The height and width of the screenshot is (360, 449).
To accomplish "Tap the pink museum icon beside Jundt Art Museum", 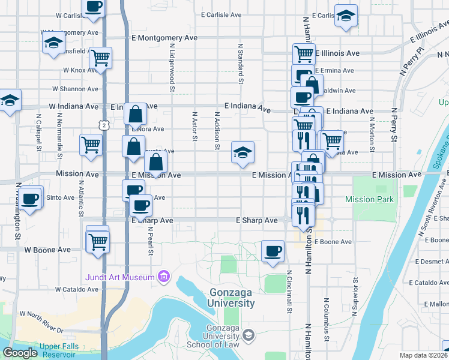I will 162,277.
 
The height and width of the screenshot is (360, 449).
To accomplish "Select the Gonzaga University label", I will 232,298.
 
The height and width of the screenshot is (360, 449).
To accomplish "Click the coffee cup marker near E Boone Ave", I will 273,251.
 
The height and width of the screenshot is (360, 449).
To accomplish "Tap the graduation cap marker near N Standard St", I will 243,153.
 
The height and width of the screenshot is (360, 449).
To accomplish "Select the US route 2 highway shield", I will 104,125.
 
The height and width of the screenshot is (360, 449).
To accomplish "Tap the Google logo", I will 20,353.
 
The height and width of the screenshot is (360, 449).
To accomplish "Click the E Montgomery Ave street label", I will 164,37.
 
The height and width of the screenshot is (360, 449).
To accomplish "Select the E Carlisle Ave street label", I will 221,14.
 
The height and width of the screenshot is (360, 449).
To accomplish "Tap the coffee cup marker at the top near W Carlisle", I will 92,7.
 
